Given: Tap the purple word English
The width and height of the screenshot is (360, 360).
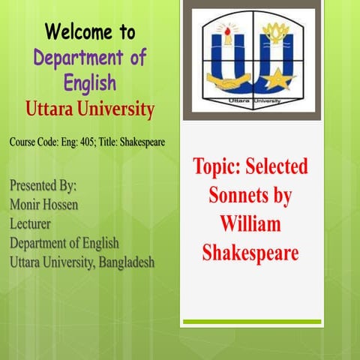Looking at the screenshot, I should (x=90, y=82).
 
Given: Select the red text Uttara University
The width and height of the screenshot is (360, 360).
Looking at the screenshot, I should (x=89, y=109).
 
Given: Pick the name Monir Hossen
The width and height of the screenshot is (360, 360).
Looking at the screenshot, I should (x=45, y=205).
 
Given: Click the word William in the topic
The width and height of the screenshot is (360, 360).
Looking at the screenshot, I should (x=250, y=223).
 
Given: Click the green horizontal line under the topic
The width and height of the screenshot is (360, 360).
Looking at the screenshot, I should (x=250, y=322).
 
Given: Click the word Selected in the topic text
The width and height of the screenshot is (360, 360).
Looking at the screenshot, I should (x=277, y=167).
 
